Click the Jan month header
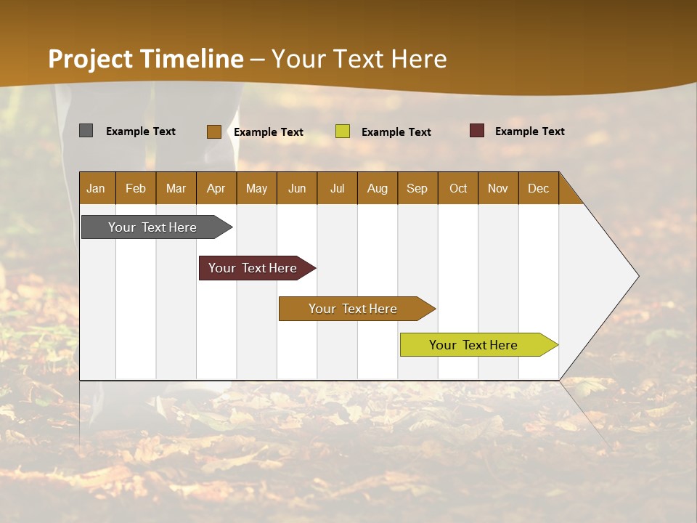96,188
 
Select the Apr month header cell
216,188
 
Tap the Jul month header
337,188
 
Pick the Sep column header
417,188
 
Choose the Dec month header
538,188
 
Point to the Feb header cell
136,188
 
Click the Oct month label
458,188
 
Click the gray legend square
86,131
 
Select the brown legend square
213,131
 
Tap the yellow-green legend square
343,131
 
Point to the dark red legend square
476,131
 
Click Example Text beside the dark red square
529,131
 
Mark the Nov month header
498,188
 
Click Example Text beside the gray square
141,131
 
